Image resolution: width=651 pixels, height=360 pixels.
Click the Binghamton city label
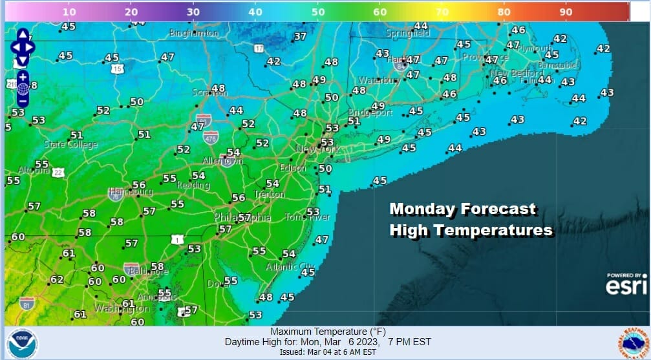coord(193,32)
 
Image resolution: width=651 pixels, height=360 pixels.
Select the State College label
coord(70,144)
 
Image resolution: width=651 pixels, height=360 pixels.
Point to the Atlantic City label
coord(290,266)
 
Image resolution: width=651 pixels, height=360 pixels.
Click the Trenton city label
coord(269,194)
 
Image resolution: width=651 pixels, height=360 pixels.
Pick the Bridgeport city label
coord(370,112)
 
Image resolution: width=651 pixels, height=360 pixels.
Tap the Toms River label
coord(308,217)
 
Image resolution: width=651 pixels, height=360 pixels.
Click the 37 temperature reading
coord(300,37)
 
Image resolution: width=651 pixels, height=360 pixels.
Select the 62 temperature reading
coord(57,279)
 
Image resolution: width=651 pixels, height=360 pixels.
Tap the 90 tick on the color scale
coord(566,12)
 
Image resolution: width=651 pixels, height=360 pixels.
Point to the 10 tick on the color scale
coord(70,12)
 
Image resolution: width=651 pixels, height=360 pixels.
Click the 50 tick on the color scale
coord(317,12)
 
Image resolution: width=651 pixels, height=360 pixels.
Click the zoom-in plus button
coord(23,76)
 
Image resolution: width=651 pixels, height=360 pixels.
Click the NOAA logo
coord(23,343)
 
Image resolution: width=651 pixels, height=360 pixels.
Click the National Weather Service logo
coord(631,342)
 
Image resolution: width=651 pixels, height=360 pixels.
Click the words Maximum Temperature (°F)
coord(326,332)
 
